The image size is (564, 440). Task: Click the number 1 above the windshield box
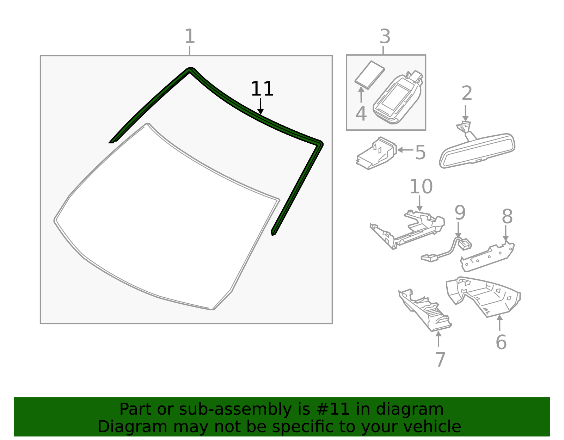click(x=190, y=37)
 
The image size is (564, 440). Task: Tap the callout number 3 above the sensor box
click(x=385, y=37)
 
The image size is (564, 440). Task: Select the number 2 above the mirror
click(x=467, y=93)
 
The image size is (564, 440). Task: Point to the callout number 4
click(x=361, y=114)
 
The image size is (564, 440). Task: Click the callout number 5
click(x=420, y=153)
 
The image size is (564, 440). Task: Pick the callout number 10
click(x=421, y=187)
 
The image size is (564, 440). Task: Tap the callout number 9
click(x=460, y=212)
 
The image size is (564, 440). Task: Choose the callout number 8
click(x=507, y=216)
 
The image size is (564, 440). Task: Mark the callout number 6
click(x=501, y=342)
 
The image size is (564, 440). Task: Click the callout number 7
click(x=440, y=360)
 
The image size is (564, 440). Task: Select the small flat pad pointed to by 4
click(x=369, y=75)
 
